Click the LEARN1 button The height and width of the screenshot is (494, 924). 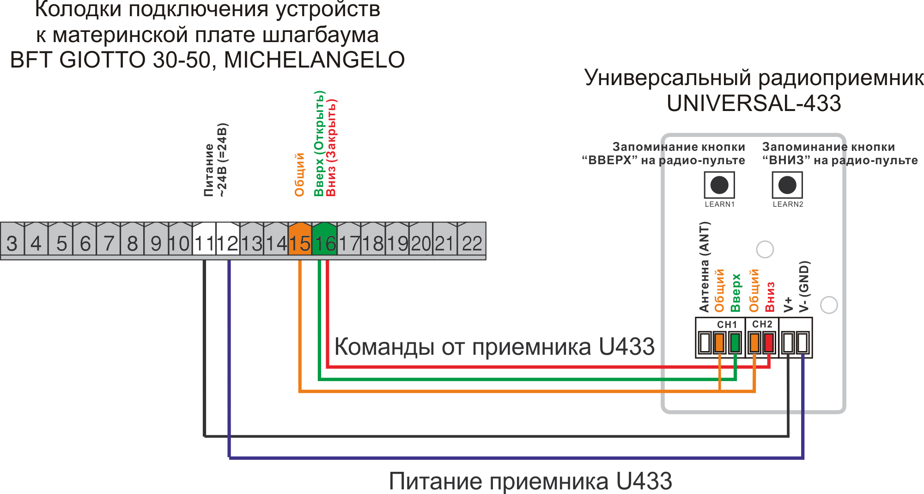tap(719, 185)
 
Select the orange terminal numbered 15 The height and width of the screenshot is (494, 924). tap(300, 239)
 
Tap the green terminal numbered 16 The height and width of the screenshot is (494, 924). tap(324, 239)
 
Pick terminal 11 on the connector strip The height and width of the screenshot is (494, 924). tap(204, 239)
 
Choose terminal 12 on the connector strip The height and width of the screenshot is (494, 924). tap(228, 239)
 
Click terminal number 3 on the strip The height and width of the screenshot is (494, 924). tap(12, 239)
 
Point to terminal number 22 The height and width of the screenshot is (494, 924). tap(472, 239)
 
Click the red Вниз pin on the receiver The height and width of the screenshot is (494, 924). tap(768, 343)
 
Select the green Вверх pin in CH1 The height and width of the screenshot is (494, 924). tap(735, 343)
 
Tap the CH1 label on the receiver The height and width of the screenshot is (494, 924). tap(727, 325)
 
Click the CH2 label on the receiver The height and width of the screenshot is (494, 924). tap(762, 324)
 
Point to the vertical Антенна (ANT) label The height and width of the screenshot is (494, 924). tap(704, 267)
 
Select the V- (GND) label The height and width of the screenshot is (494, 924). tap(804, 287)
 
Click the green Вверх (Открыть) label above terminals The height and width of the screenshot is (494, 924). tap(319, 143)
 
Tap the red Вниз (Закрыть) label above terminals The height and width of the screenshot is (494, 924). tap(331, 148)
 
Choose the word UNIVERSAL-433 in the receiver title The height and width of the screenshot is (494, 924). tap(754, 103)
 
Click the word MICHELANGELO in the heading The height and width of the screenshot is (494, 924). tap(314, 60)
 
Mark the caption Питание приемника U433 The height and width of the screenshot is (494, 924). tap(530, 481)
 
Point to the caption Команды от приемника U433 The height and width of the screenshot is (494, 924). tap(494, 346)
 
